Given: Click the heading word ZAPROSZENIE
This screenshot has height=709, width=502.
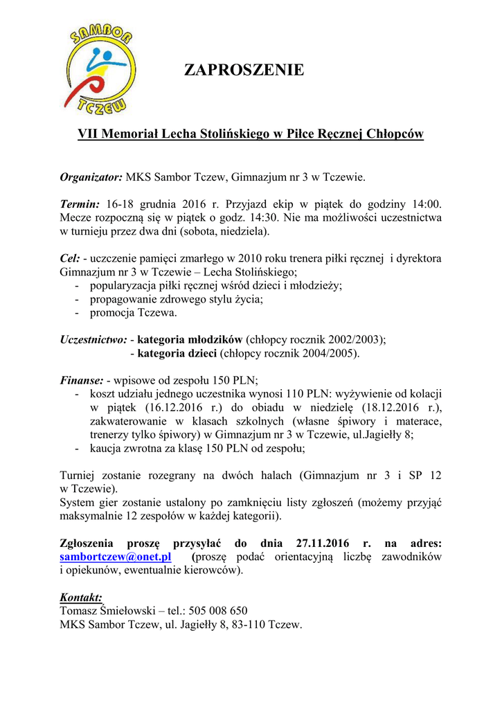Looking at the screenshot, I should click(x=244, y=70).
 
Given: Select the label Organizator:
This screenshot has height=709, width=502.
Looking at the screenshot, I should click(x=91, y=177).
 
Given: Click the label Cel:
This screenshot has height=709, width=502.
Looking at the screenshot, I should click(x=70, y=258).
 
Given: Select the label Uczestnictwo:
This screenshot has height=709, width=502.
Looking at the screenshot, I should click(x=93, y=339).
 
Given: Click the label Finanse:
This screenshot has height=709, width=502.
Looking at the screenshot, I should click(x=82, y=379).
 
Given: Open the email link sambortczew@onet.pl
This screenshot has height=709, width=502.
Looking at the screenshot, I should click(x=116, y=557).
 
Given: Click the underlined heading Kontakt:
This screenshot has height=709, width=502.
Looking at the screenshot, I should click(x=81, y=597).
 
